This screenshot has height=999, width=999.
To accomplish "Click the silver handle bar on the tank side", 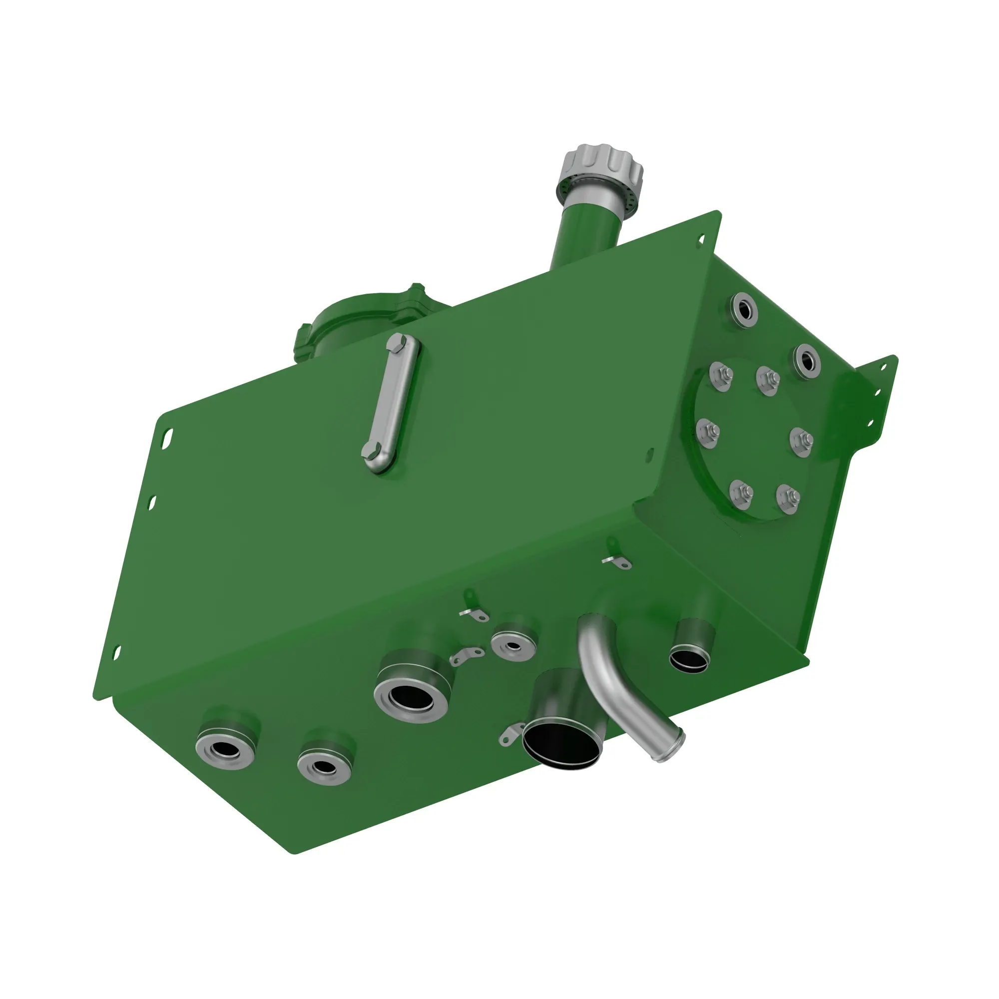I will coord(391,403).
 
